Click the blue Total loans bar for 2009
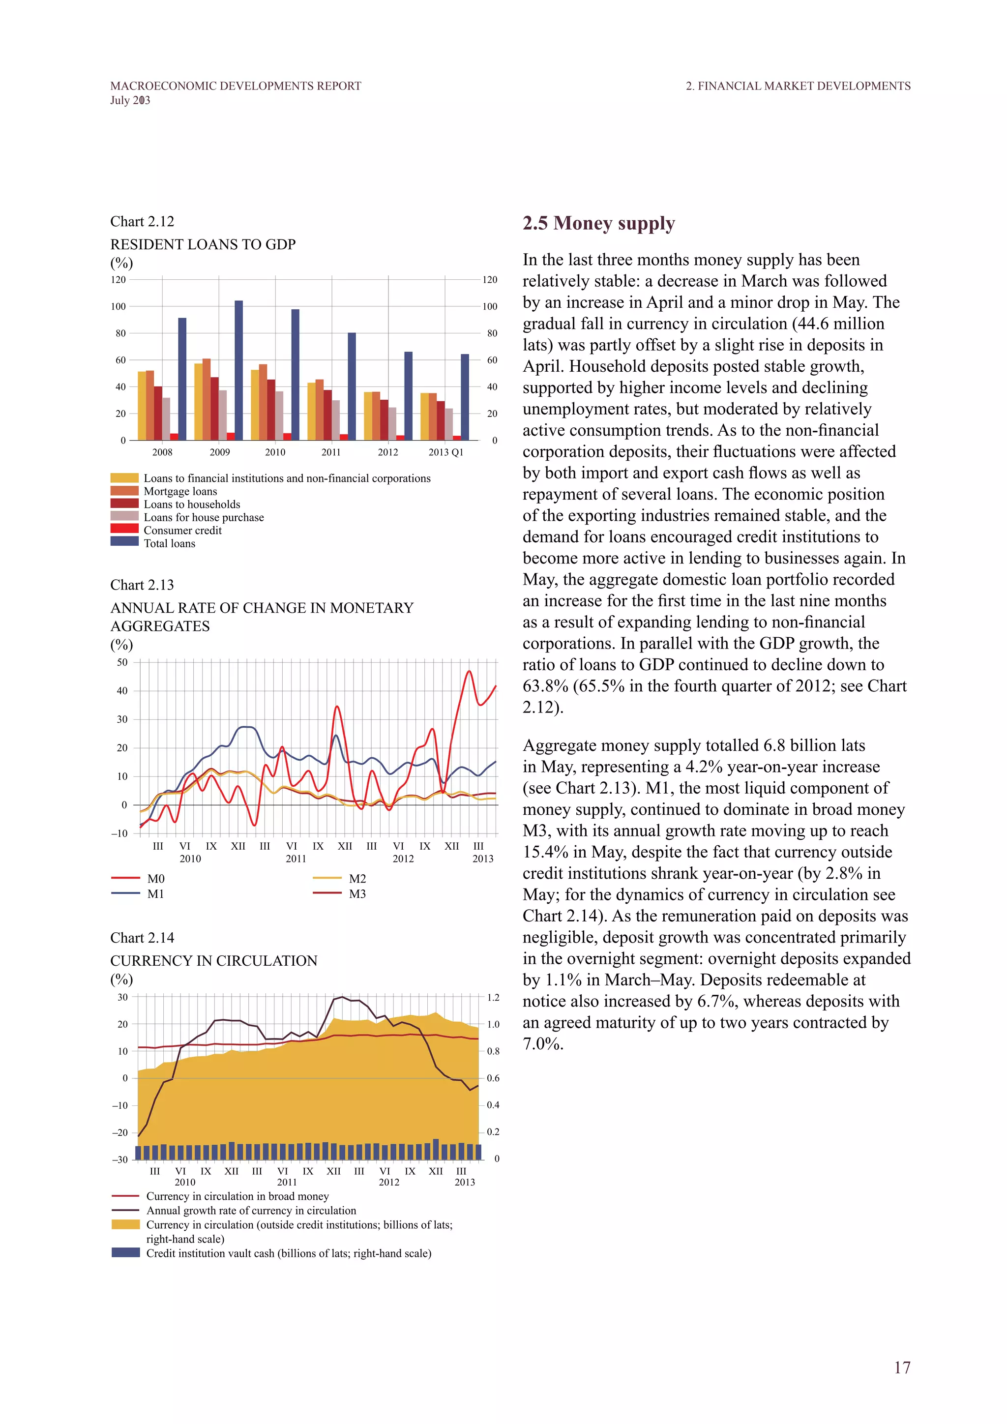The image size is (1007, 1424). point(239,370)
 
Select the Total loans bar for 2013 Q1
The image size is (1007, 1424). point(465,397)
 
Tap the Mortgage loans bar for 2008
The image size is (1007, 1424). point(150,405)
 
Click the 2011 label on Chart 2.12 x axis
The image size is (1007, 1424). point(331,452)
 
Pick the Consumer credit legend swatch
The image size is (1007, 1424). point(124,529)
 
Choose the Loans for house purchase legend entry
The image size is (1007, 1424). point(204,517)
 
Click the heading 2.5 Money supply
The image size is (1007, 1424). point(598,223)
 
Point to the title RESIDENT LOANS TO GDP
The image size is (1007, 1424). point(203,244)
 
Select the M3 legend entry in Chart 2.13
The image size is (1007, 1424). point(357,894)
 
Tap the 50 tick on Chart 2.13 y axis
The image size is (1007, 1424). point(122,662)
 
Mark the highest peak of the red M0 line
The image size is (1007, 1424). point(470,672)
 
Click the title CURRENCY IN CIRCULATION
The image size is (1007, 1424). point(213,961)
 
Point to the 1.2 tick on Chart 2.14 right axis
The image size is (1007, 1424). point(493,998)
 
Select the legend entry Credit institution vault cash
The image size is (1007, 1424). point(288,1253)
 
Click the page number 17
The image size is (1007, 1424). point(902,1367)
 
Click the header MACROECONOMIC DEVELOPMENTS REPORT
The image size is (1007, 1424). point(236,86)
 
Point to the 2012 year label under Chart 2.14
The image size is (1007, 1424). point(389,1182)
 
